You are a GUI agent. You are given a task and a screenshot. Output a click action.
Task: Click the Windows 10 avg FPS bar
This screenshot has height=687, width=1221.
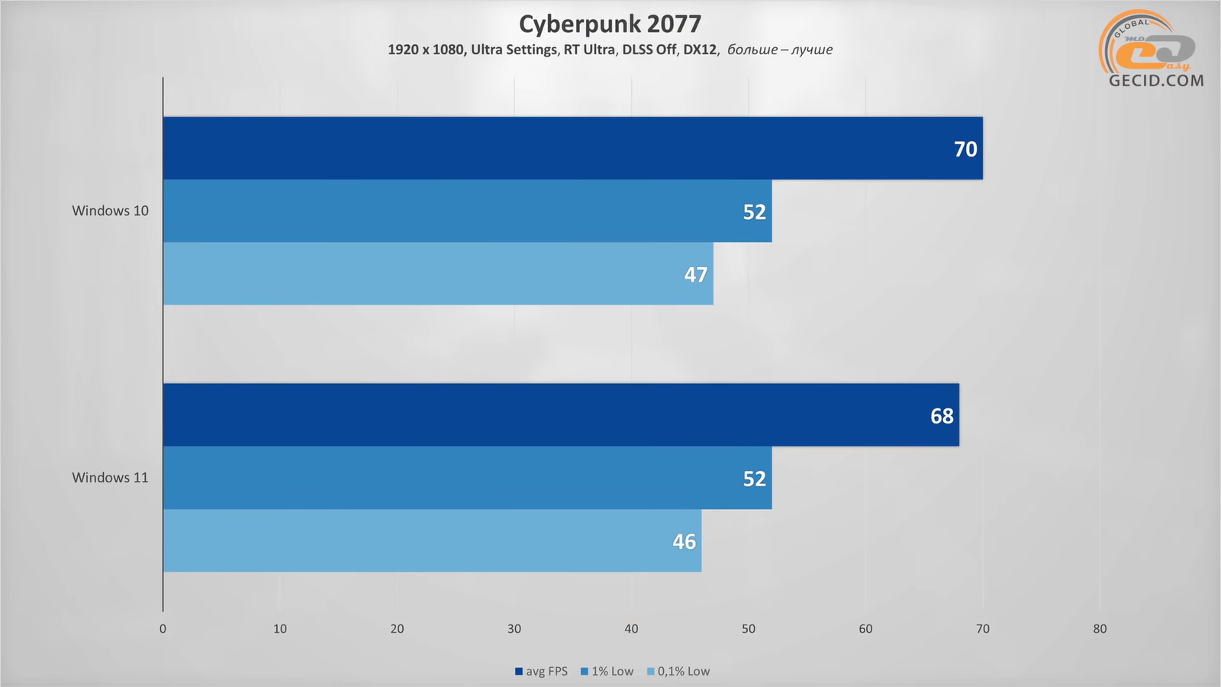tap(572, 148)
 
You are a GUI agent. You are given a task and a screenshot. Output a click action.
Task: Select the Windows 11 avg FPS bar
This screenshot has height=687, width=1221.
tap(561, 414)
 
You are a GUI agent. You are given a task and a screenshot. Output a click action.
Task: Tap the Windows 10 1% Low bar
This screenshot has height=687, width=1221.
tap(467, 211)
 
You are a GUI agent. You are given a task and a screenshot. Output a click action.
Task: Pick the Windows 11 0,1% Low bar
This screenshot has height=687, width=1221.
tap(432, 540)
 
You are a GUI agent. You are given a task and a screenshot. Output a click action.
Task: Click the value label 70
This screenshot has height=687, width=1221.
tap(965, 149)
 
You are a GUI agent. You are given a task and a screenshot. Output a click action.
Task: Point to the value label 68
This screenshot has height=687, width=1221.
tap(942, 416)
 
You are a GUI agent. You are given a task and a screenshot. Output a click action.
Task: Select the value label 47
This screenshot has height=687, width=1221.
tap(695, 275)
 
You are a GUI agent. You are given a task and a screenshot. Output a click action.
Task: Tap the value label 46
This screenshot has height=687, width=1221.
tap(684, 542)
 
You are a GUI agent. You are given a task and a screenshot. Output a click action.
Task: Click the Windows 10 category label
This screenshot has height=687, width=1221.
tap(111, 211)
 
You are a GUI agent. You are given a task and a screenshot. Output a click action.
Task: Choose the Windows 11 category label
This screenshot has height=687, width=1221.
tap(111, 478)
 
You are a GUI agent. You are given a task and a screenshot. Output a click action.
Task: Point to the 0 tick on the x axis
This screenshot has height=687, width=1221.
tap(163, 629)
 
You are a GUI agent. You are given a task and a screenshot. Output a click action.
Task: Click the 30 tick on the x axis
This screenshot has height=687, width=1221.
tap(514, 629)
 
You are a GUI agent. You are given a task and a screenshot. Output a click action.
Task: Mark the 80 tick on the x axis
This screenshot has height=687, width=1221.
tap(1100, 629)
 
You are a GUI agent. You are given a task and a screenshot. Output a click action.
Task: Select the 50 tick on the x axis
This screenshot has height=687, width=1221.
tap(749, 629)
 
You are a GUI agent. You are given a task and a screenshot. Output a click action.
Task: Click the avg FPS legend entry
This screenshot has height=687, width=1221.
tap(542, 672)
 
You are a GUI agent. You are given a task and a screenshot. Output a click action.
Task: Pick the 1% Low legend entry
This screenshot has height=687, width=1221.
tap(608, 672)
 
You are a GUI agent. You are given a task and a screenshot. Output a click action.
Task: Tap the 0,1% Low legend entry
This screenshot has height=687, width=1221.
tap(679, 672)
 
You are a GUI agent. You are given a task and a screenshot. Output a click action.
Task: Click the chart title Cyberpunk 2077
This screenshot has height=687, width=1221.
tap(610, 24)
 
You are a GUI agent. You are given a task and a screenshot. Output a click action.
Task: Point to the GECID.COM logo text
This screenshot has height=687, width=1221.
tap(1156, 80)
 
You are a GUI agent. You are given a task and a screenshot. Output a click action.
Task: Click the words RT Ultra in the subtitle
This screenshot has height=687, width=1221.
tap(589, 50)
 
